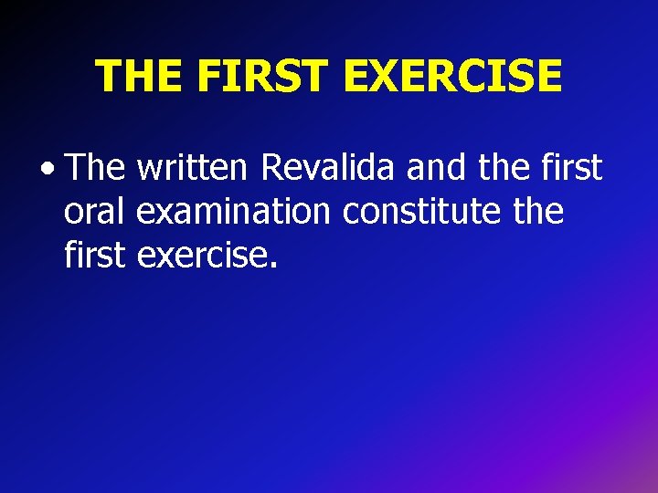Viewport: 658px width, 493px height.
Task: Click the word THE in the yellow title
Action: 139,76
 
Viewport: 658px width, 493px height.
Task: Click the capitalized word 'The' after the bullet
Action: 97,168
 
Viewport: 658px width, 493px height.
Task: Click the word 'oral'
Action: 96,212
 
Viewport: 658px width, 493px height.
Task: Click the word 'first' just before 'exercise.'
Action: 95,256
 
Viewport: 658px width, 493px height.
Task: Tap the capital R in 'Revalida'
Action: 271,168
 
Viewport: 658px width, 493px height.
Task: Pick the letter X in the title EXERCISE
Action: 399,76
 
